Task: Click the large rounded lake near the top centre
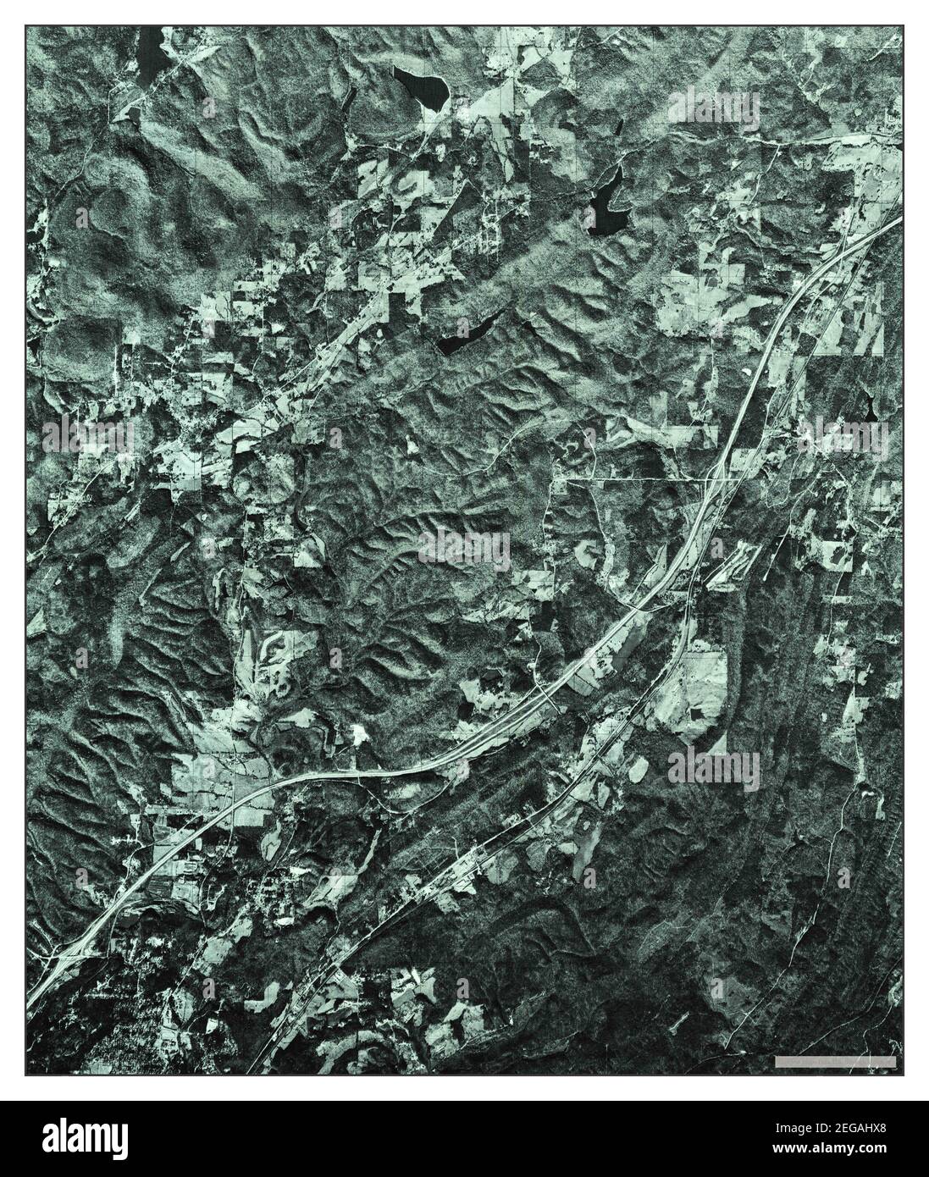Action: click(x=421, y=86)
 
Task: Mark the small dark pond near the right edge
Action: click(x=870, y=407)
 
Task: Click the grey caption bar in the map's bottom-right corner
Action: click(x=835, y=1061)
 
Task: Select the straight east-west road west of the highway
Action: click(x=635, y=479)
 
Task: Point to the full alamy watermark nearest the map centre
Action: click(x=464, y=550)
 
